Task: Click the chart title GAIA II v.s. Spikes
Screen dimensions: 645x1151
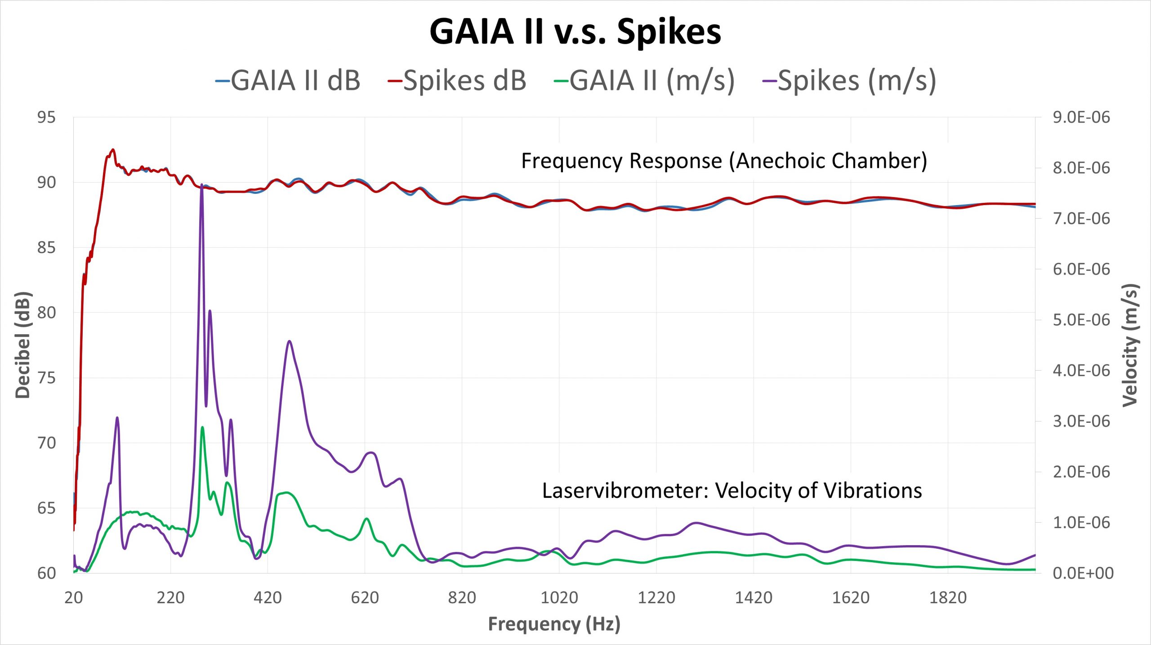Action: (x=575, y=31)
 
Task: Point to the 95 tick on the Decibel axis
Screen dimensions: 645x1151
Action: (x=46, y=117)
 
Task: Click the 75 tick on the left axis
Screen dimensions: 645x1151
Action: (x=46, y=378)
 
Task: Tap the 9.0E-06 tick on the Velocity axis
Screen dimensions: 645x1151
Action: (x=1081, y=117)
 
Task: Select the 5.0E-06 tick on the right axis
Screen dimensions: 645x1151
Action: (x=1081, y=320)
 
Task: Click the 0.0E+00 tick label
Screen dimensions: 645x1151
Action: (x=1083, y=573)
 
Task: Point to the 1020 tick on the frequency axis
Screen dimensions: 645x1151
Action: (x=559, y=598)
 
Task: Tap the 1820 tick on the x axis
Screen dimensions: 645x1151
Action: (x=948, y=598)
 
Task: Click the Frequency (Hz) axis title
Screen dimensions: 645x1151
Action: (x=554, y=624)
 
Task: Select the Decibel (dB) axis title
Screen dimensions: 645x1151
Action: (x=22, y=345)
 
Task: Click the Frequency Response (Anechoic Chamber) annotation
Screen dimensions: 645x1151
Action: (x=724, y=161)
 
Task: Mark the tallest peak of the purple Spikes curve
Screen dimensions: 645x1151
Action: (x=202, y=185)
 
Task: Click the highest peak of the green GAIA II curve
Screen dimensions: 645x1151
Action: (x=202, y=427)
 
